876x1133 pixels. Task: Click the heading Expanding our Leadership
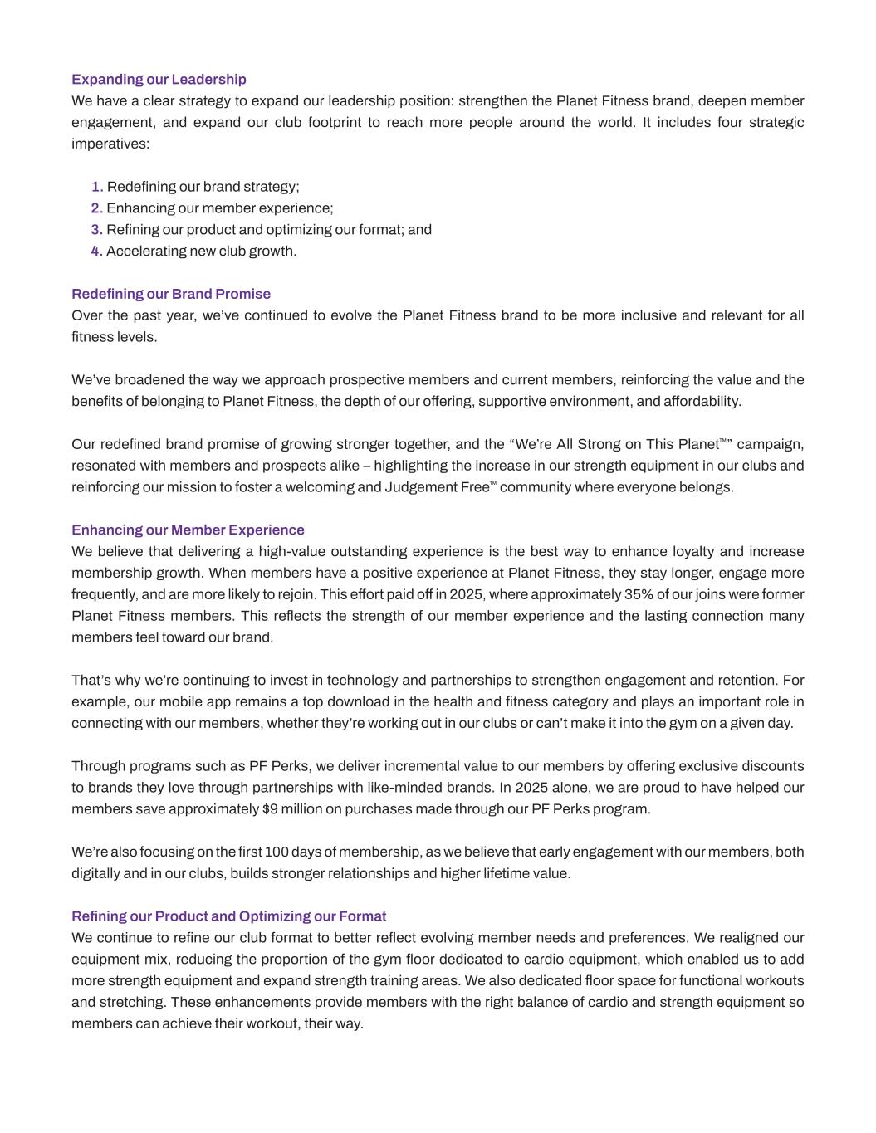tap(159, 80)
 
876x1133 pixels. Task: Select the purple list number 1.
tap(96, 187)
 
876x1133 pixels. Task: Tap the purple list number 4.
tap(96, 251)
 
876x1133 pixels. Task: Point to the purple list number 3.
tap(96, 229)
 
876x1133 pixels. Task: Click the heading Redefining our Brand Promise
tap(171, 294)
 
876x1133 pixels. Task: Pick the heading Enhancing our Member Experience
tap(188, 530)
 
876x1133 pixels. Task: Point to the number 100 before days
tap(277, 852)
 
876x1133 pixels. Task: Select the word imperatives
tap(108, 144)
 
